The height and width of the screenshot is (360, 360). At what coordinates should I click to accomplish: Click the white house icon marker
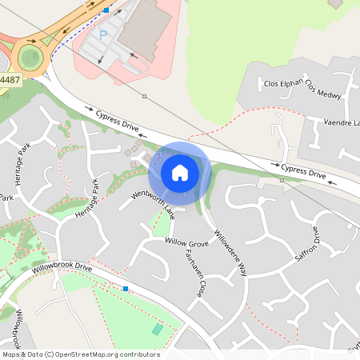(179, 173)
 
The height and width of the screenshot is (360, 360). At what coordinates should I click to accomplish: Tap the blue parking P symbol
(102, 35)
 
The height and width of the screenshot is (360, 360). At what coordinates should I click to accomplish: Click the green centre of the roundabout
(30, 58)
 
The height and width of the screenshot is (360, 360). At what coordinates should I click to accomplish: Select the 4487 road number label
(10, 79)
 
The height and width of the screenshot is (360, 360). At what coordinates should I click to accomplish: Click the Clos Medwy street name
(324, 92)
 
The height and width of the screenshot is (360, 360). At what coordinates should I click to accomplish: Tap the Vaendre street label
(341, 122)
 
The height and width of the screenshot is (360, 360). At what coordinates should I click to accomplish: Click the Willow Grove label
(186, 242)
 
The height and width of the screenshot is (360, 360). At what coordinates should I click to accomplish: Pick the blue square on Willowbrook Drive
(125, 288)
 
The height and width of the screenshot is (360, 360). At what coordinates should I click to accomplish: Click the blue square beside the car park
(106, 10)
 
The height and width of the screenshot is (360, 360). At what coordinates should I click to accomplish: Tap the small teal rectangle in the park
(157, 329)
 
